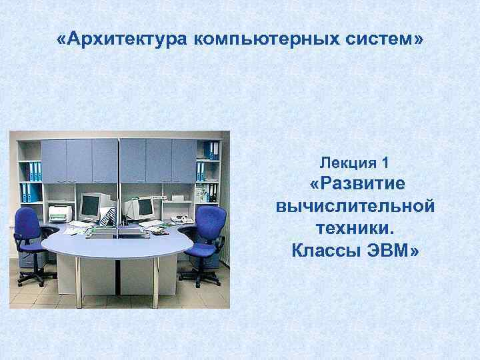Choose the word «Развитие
[355, 183]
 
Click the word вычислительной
[355, 206]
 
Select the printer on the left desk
[60, 213]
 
